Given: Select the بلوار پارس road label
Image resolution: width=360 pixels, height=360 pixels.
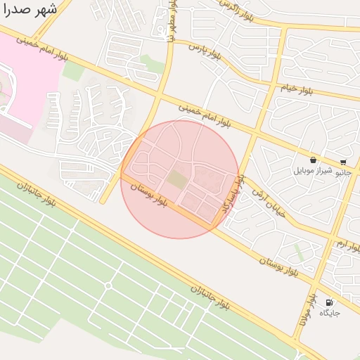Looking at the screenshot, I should (209, 51).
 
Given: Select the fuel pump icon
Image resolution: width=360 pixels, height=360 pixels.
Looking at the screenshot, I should (329, 303).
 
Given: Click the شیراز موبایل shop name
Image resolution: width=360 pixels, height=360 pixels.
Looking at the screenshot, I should (312, 171).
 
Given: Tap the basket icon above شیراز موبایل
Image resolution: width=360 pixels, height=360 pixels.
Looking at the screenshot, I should (313, 160).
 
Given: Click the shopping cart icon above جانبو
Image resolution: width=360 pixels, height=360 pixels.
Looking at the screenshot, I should (343, 161).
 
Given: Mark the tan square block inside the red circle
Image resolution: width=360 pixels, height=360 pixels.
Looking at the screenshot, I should (178, 180).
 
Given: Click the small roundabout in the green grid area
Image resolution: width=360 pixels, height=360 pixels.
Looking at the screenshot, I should (108, 285).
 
